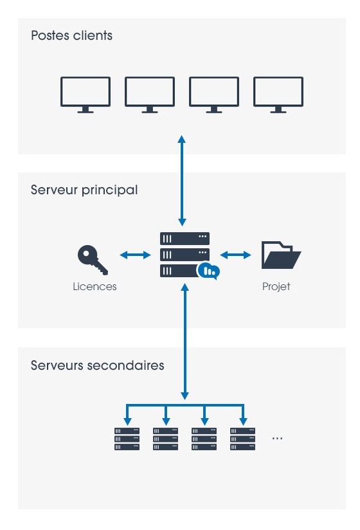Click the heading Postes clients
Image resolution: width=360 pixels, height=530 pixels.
pos(71,35)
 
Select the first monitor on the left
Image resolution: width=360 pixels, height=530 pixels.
pos(85,95)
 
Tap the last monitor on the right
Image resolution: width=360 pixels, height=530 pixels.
pos(278,95)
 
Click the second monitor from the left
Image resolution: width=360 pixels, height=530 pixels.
pos(150,95)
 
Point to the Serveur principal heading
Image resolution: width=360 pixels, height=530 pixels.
pos(84,190)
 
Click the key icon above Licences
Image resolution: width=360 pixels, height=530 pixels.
pos(92,260)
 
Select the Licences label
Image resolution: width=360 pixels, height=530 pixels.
pos(94,287)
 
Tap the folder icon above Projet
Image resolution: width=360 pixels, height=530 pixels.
pos(281,255)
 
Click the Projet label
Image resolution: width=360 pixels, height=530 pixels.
pos(276,287)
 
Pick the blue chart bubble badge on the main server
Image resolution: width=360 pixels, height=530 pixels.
pos(209,271)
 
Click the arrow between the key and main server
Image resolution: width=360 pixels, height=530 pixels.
pos(135,255)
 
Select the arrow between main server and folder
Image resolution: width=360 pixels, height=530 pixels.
pos(235,255)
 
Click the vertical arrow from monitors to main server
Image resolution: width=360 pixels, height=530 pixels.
pos(182,181)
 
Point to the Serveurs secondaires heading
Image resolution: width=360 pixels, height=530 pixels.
pos(97,365)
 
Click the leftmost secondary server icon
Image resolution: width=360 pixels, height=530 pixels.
pos(127,439)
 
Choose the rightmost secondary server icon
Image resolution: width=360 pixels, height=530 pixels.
pos(243,439)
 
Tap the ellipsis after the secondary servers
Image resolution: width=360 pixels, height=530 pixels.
pos(277,439)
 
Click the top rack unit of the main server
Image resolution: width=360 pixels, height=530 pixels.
pos(184,239)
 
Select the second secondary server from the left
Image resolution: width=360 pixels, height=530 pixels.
pos(165,439)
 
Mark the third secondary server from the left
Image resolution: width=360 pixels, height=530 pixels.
pos(204,439)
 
